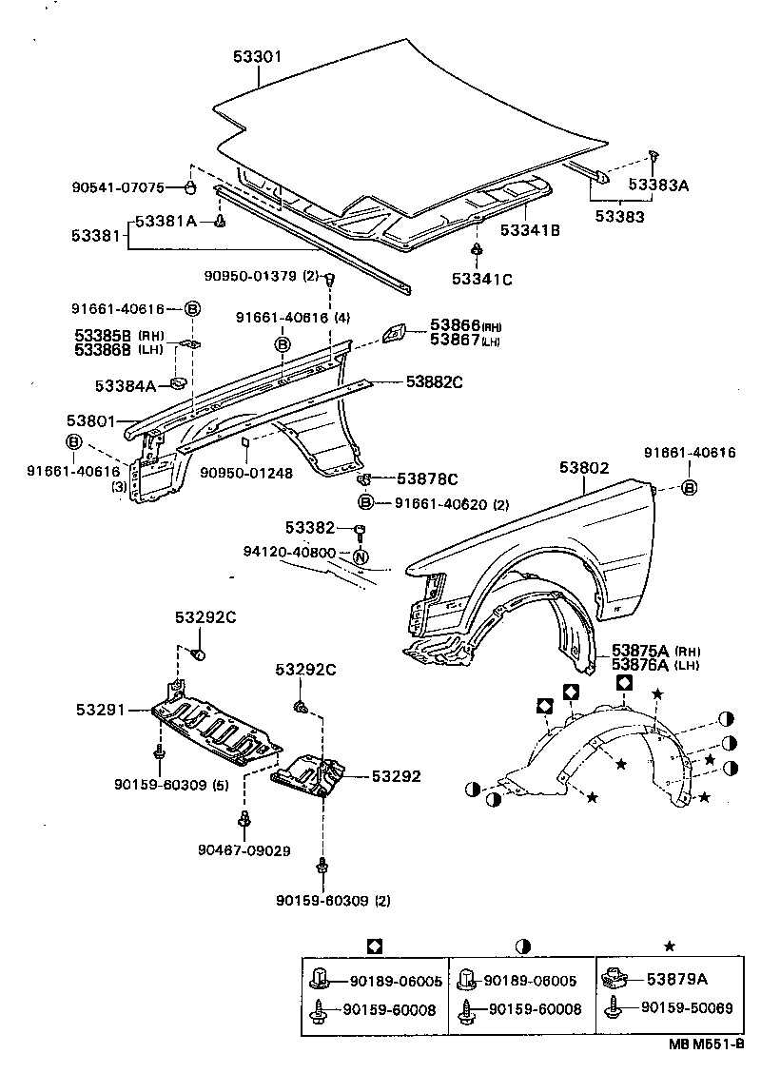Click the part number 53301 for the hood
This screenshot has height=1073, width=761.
pos(257,56)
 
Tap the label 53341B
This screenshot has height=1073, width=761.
pos(530,229)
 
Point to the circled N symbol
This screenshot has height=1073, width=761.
pos(361,556)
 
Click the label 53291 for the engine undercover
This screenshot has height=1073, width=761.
pos(100,709)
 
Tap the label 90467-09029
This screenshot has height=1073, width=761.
pos(245,849)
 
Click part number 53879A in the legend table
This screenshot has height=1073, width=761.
pos(678,979)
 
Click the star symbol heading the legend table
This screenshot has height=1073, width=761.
pos(669,946)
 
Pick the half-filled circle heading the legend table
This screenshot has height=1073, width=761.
pos(522,946)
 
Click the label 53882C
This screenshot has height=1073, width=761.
pos(434,382)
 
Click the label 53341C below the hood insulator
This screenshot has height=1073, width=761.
pos(481,279)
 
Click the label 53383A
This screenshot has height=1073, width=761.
pos(657,186)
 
